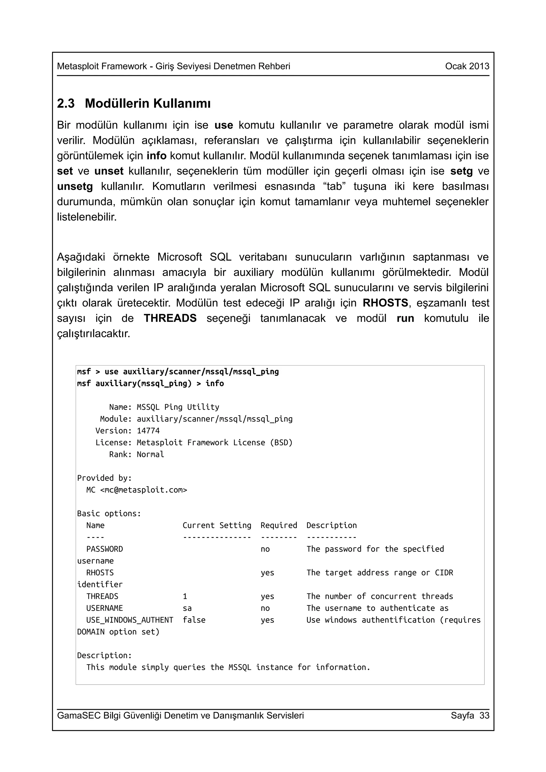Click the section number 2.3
tap(66, 104)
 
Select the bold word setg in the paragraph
tap(461, 171)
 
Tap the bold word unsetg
tap(75, 187)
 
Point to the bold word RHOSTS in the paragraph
tap(385, 303)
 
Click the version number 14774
tap(148, 431)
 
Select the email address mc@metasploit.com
tap(143, 490)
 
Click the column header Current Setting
tap(217, 525)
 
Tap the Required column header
tap(279, 525)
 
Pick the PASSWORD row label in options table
tap(104, 549)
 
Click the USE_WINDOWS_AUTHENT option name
tap(130, 620)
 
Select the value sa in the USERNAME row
tap(187, 608)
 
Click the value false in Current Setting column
tap(194, 620)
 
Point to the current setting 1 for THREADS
tap(185, 596)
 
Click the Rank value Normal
tap(150, 454)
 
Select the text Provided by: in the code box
tap(104, 478)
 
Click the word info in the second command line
tap(215, 384)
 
